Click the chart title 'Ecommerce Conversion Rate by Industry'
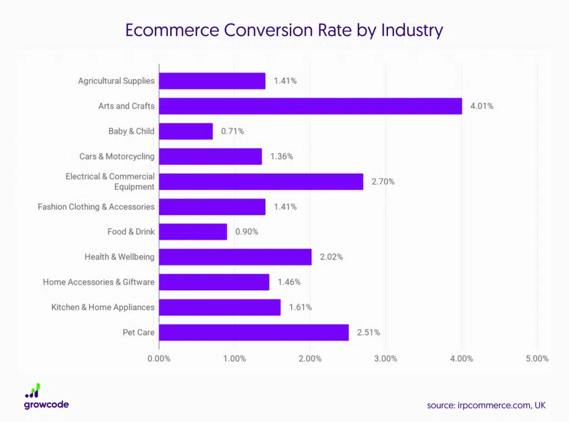tap(284, 30)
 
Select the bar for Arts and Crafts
tap(311, 106)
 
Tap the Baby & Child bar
tap(186, 131)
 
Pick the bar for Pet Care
tap(254, 332)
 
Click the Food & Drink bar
tap(193, 232)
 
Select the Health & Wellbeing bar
tap(236, 257)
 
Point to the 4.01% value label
tap(481, 106)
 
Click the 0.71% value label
tap(232, 131)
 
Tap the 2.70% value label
tap(383, 182)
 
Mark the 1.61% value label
tap(300, 307)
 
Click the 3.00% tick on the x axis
tap(386, 359)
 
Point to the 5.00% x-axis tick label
tap(537, 359)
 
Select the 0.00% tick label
tap(159, 359)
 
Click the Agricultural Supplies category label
tap(116, 81)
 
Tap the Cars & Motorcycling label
tap(117, 156)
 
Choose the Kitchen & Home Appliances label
tap(103, 307)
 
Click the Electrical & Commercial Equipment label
tap(110, 182)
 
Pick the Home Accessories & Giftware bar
tap(214, 282)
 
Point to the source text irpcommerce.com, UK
tap(486, 405)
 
